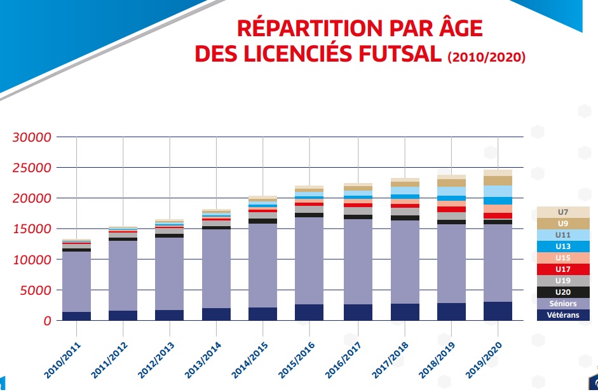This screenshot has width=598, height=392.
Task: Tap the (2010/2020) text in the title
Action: [486, 57]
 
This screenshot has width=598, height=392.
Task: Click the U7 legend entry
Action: [562, 212]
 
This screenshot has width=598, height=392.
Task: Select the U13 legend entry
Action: [562, 247]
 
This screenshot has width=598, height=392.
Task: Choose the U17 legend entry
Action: [562, 269]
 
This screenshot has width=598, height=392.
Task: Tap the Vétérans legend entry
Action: [562, 314]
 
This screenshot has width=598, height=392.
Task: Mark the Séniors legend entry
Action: [562, 304]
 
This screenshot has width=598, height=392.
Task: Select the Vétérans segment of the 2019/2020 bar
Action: [498, 311]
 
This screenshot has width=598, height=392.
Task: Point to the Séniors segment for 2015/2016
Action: [309, 260]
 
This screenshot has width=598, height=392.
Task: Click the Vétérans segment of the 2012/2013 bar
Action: [170, 315]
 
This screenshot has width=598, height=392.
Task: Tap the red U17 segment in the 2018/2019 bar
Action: [451, 209]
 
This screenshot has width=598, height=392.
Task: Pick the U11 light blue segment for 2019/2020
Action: [498, 191]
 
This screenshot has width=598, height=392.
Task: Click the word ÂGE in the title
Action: [452, 29]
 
